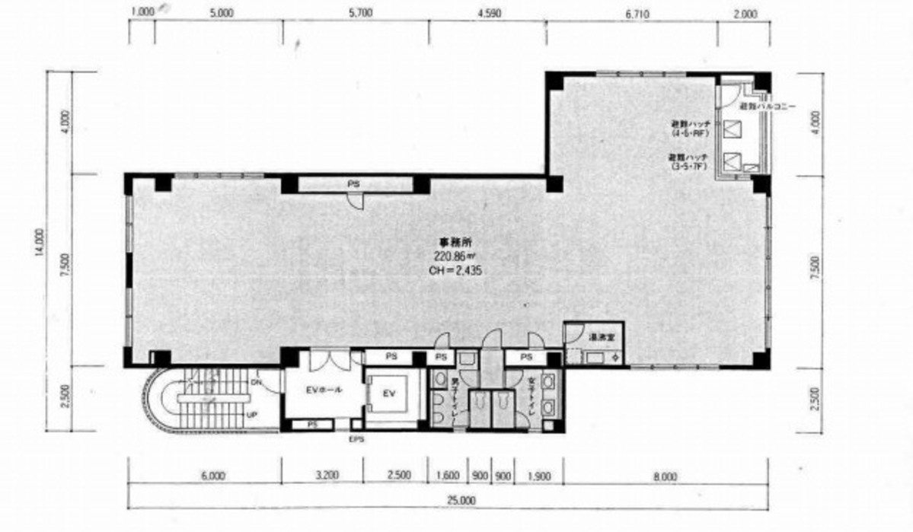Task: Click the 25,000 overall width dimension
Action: [x=460, y=501]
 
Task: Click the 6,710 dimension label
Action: [x=637, y=13]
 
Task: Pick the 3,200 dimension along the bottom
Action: [x=324, y=476]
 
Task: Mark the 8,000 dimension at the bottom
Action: [x=664, y=476]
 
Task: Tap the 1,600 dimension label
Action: [x=448, y=476]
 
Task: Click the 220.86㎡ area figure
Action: [x=455, y=256]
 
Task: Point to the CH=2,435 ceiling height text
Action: [x=455, y=269]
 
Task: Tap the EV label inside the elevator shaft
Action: [x=388, y=393]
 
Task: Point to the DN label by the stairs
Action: [x=257, y=381]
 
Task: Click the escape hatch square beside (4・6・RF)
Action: [x=733, y=129]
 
